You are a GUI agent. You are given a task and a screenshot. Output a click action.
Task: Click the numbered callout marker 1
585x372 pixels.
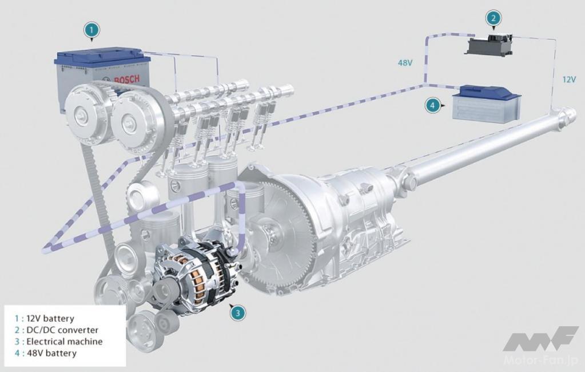pyautogui.click(x=91, y=30)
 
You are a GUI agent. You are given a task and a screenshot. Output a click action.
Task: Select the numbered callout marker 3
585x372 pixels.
pyautogui.click(x=238, y=312)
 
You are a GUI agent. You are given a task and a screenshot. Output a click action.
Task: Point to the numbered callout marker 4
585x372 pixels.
pyautogui.click(x=433, y=105)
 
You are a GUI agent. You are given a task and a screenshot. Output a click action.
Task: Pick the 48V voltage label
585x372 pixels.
pyautogui.click(x=405, y=63)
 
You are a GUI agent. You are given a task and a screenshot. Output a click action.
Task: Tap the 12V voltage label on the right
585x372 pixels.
pyautogui.click(x=569, y=80)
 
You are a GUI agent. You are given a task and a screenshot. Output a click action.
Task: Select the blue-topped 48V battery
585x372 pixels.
pyautogui.click(x=487, y=103)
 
